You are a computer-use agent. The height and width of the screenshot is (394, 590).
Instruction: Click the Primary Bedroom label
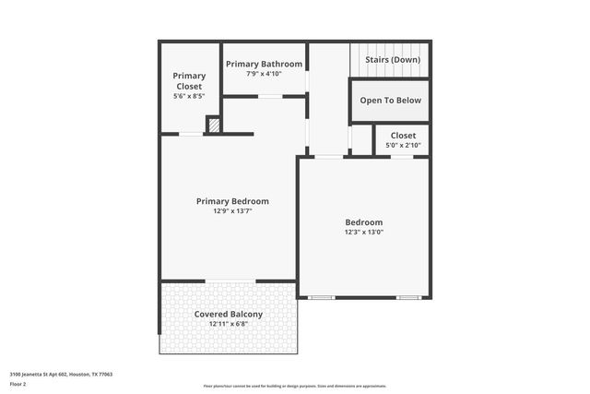coord(232,201)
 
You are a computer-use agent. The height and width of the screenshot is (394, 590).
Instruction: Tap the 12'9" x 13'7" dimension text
coord(232,211)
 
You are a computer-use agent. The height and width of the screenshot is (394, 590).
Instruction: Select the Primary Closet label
coord(189,81)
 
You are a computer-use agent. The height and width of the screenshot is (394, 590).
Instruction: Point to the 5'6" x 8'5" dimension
coord(189,96)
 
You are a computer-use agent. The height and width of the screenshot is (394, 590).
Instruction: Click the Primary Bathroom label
coord(264,64)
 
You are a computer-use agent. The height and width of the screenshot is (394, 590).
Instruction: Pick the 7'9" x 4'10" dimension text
coord(264,74)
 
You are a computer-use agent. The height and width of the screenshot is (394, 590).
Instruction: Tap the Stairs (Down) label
coord(393,60)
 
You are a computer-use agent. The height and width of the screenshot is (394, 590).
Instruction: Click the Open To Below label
coord(391,101)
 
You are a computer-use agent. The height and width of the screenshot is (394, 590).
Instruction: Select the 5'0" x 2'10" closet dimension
coord(403,146)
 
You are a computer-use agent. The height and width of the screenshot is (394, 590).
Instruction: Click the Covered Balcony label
coord(229,314)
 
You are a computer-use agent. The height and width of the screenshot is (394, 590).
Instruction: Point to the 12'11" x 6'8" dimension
coord(229,324)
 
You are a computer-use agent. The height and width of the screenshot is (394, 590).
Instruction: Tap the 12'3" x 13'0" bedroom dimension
coord(364,233)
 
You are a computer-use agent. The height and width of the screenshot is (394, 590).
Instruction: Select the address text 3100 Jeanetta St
coord(61,375)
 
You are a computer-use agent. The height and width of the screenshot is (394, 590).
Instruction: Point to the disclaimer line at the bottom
coord(294,387)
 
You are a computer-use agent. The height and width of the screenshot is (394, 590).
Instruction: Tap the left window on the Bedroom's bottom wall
coord(321,297)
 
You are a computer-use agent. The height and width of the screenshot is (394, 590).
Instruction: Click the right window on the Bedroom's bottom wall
coord(408,297)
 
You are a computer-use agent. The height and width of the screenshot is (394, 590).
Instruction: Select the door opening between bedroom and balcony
coord(230,281)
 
